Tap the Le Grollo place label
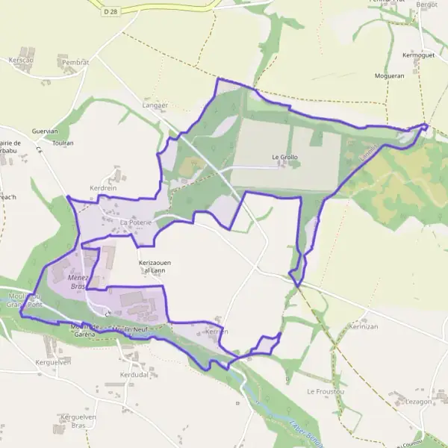(284, 158)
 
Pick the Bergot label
(426, 4)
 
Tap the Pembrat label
(73, 63)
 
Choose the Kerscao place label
(22, 60)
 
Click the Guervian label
(45, 131)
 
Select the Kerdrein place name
(104, 188)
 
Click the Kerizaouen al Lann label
(155, 267)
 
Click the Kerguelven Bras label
(79, 420)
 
